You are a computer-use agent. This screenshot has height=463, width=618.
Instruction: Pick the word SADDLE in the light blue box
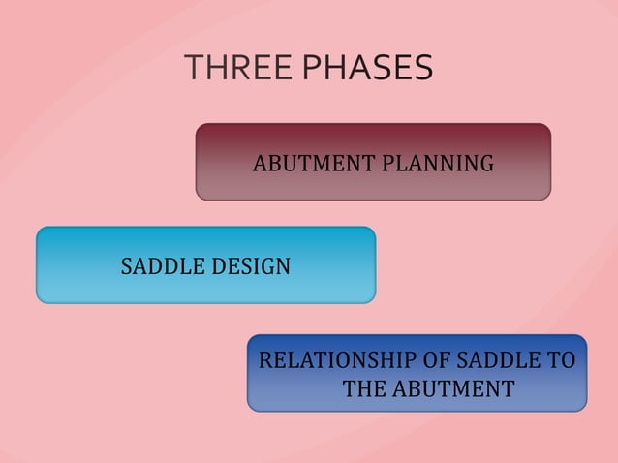158,265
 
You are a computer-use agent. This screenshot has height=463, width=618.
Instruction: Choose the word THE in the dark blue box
365,389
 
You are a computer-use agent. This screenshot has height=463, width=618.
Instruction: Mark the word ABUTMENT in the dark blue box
454,389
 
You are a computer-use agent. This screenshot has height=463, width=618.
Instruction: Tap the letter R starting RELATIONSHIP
264,361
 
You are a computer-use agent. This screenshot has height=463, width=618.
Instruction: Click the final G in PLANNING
486,164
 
